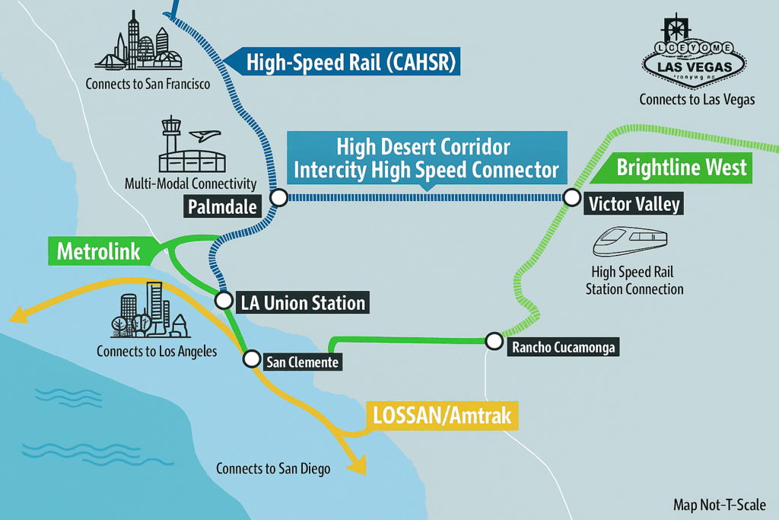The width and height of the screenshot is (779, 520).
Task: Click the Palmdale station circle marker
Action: [x=278, y=198]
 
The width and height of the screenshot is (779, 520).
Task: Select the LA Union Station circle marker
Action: [x=224, y=300]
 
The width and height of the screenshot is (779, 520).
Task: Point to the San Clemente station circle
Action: [x=250, y=359]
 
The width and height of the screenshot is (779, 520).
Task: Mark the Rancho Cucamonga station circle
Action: [x=494, y=340]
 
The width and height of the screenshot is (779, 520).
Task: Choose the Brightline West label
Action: [x=681, y=168]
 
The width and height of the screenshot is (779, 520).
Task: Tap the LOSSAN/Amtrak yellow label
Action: [x=441, y=416]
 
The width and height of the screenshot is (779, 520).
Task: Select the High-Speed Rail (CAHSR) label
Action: [x=350, y=62]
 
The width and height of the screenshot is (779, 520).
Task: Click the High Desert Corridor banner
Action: [x=426, y=158]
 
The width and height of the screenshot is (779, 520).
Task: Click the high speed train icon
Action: [x=631, y=243]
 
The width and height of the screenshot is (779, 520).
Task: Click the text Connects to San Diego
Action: [x=273, y=468]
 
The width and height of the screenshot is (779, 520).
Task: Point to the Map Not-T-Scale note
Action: [x=719, y=505]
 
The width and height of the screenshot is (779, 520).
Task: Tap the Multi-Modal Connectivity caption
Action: [x=190, y=183]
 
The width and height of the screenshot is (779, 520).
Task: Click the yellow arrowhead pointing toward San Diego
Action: [x=355, y=464]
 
